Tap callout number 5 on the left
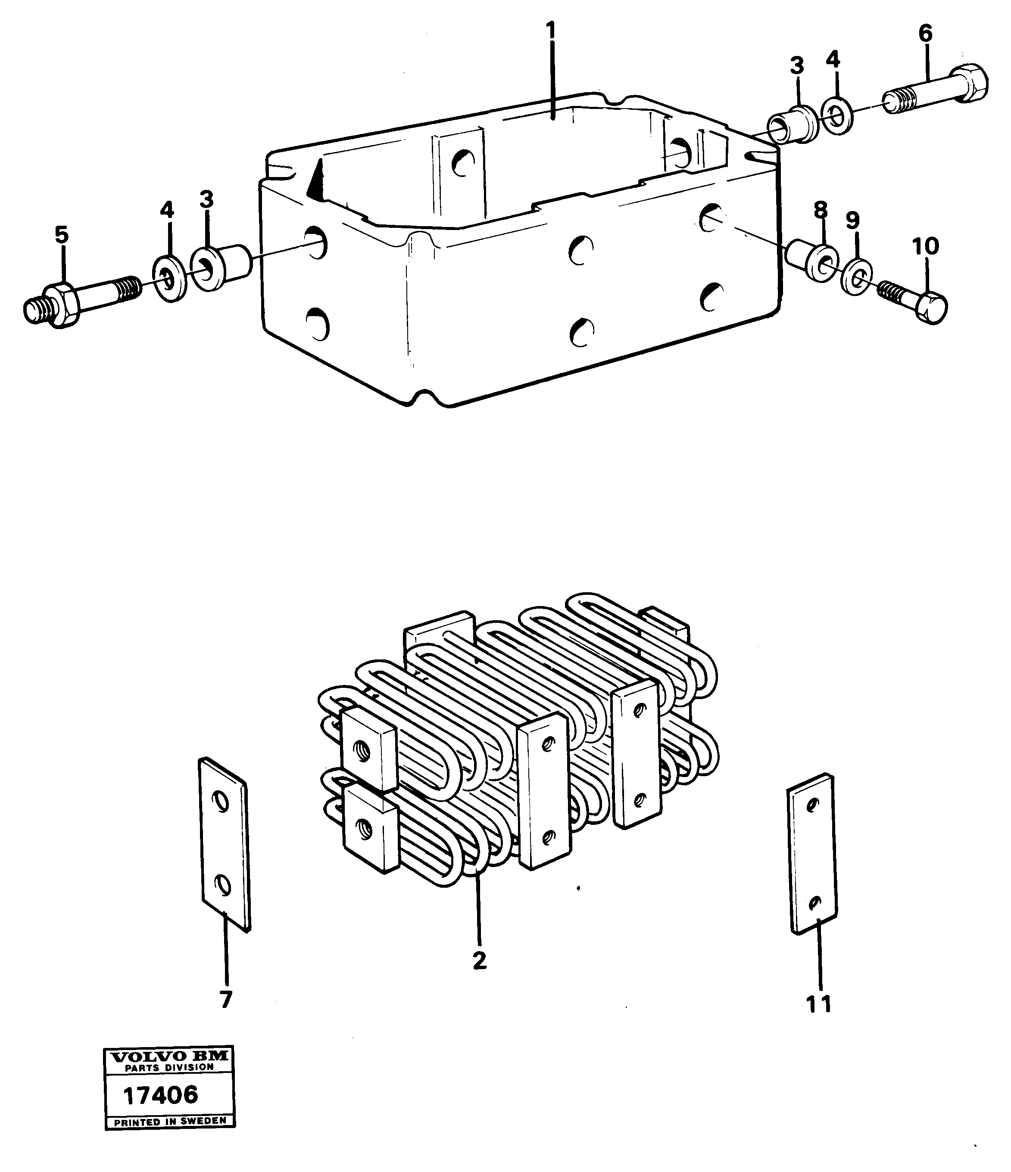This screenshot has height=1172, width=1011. [61, 234]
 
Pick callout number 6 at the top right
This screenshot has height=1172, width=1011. [925, 34]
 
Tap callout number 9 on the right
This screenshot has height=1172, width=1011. [852, 220]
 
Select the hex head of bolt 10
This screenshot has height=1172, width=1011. [932, 309]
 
